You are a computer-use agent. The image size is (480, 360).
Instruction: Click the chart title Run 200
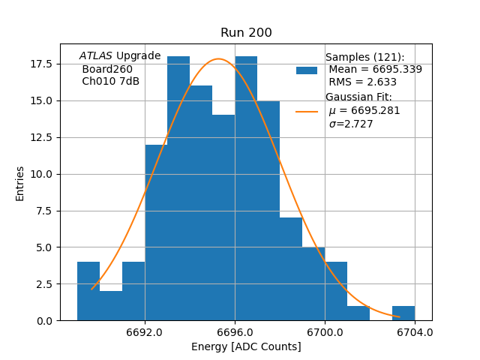246,33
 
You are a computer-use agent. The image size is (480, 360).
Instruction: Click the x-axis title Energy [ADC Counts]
246,346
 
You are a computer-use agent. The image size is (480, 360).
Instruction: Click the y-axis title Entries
20,183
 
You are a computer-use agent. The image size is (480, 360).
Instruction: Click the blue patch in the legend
307,70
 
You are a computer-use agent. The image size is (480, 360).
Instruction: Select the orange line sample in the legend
307,111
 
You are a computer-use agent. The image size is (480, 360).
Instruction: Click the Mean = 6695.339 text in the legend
375,70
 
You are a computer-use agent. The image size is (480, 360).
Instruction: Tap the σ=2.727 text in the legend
351,124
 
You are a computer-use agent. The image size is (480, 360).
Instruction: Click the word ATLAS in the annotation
96,56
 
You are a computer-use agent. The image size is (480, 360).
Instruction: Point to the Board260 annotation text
107,69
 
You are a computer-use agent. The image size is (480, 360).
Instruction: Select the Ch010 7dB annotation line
110,82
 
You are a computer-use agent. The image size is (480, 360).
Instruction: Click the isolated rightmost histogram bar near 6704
403,313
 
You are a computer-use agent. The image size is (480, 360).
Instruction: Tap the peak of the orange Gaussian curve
219,59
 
